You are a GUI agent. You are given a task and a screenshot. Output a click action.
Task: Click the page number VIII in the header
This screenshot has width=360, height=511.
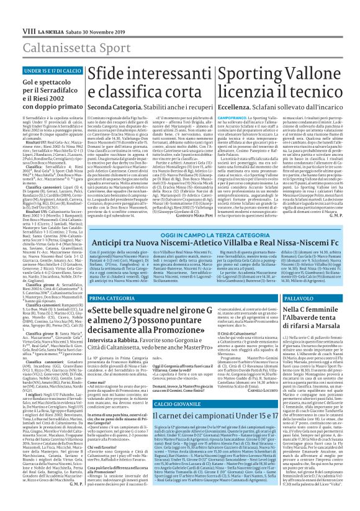12,12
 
